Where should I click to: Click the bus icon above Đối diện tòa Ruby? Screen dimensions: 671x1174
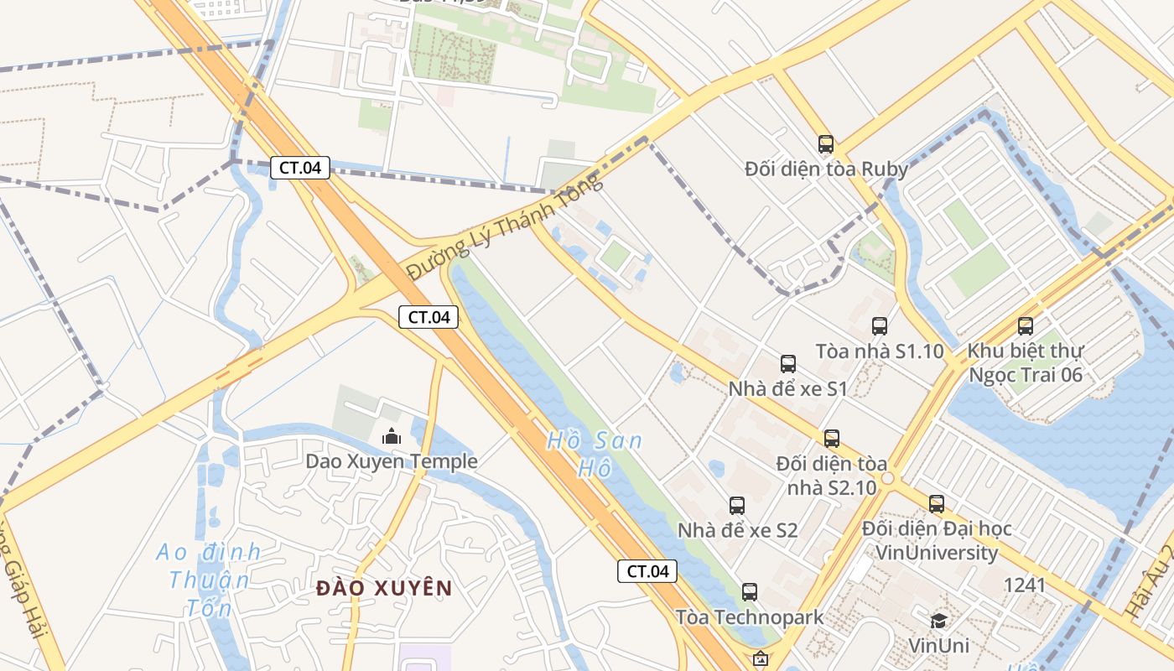click(x=826, y=144)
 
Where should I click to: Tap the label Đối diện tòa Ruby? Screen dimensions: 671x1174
click(x=826, y=169)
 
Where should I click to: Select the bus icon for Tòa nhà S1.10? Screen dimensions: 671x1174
click(x=879, y=326)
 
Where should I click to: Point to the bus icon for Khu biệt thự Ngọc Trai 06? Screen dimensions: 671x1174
click(x=1026, y=326)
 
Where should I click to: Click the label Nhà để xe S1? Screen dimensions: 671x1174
click(x=787, y=388)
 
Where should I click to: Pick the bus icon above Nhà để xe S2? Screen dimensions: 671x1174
click(x=737, y=506)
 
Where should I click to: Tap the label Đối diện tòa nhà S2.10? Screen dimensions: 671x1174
click(x=832, y=475)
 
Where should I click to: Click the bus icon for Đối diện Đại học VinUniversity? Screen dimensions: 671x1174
click(x=937, y=504)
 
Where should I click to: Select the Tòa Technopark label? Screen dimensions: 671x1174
click(x=750, y=617)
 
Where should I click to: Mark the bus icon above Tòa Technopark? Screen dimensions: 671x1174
click(x=750, y=592)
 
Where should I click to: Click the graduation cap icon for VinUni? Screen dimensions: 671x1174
click(x=938, y=621)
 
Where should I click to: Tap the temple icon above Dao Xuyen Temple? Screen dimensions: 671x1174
click(x=391, y=436)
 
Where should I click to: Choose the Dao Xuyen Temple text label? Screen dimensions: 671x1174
click(x=391, y=461)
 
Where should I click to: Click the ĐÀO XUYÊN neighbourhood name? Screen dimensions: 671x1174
click(x=384, y=588)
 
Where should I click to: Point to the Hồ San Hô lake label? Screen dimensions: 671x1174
click(x=595, y=454)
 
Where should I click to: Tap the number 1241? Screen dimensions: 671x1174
click(x=1025, y=585)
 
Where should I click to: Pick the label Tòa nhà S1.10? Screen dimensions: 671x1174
click(x=880, y=351)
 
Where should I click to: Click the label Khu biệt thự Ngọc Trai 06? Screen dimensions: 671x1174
click(x=1026, y=362)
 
